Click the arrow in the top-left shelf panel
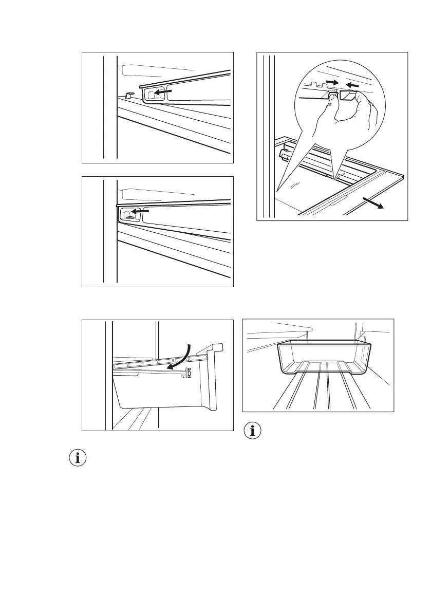(x=164, y=91)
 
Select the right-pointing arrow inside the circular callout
(x=333, y=82)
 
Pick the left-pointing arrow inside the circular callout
(x=354, y=84)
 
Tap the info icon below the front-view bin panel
(x=252, y=431)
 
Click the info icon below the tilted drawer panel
(x=78, y=458)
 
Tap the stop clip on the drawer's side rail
(x=189, y=373)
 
